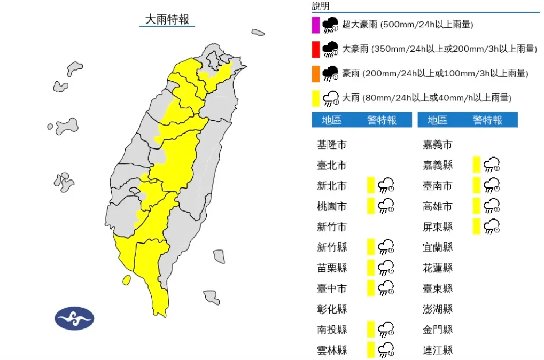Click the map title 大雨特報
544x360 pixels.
click(167, 20)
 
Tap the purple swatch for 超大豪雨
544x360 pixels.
click(316, 25)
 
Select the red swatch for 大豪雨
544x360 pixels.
click(316, 49)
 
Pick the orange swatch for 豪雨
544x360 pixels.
click(316, 74)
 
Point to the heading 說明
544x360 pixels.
click(321, 6)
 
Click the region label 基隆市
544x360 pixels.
click(331, 145)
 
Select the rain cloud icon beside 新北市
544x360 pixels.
click(386, 186)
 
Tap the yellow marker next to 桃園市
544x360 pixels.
click(370, 206)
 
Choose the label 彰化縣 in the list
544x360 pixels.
click(331, 309)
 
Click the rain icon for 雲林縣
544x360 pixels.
click(386, 350)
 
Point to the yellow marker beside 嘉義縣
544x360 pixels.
click(476, 165)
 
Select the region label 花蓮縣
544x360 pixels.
click(437, 268)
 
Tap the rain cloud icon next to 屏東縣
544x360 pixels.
click(492, 227)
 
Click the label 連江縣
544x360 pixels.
click(437, 350)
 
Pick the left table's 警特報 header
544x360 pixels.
click(382, 120)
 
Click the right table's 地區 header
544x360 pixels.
click(437, 120)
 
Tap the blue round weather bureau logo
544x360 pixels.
click(74, 318)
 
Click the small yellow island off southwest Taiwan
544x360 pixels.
click(127, 280)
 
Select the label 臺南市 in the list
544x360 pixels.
click(437, 186)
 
